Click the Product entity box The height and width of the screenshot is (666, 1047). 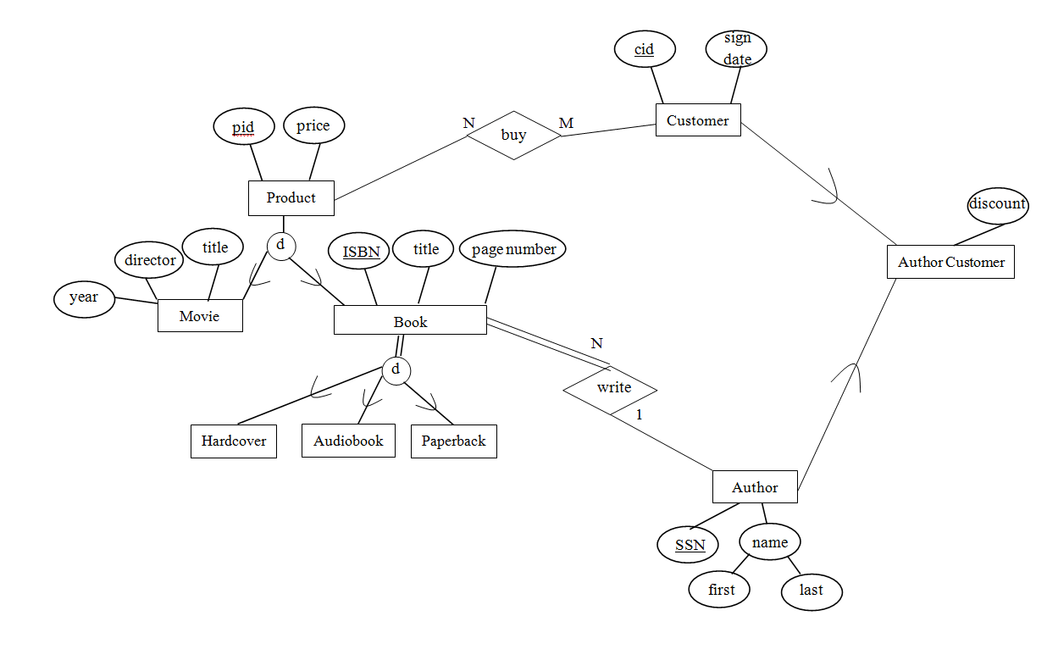291,197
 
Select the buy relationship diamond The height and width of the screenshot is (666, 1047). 514,135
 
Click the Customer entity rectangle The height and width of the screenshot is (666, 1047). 698,120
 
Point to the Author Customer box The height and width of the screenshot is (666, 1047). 950,262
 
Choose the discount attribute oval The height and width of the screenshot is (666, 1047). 997,205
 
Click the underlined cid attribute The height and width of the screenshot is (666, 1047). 645,50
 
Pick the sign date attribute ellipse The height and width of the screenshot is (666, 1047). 736,49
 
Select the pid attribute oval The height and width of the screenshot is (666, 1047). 244,128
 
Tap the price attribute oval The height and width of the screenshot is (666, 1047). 313,126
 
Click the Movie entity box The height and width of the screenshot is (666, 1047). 200,316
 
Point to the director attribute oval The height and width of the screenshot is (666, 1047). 150,261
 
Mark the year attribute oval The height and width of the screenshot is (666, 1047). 84,298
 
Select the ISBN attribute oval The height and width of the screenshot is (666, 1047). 361,251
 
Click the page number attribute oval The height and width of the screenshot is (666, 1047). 512,250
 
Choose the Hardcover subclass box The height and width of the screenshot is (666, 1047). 234,441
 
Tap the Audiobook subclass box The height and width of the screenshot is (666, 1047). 348,441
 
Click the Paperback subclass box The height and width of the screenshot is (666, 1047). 453,441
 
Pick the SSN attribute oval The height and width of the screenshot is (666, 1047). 690,545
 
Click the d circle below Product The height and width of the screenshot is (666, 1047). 280,247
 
